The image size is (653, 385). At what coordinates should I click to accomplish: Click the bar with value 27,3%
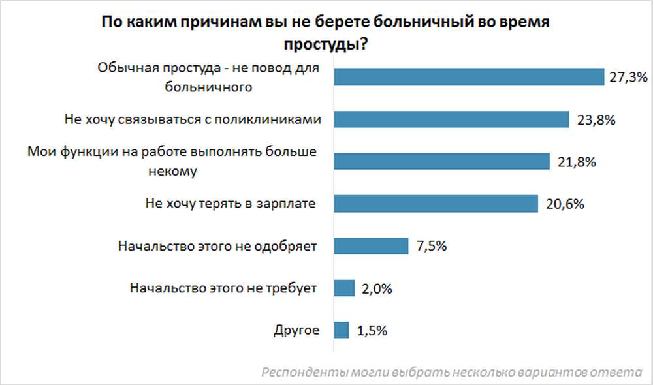468,77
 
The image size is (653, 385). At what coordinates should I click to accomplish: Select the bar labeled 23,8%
452,119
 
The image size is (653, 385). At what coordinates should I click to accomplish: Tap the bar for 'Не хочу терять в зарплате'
436,204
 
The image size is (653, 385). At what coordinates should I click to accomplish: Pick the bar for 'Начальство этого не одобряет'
371,246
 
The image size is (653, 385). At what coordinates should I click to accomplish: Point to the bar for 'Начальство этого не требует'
344,288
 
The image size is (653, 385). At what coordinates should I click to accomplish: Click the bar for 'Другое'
342,330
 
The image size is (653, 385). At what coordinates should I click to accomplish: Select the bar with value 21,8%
441,162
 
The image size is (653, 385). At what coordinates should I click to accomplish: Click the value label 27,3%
628,78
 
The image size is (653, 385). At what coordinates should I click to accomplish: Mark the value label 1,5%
372,331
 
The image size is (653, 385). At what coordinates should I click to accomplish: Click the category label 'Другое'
296,330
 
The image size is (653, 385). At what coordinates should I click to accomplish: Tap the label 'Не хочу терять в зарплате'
231,204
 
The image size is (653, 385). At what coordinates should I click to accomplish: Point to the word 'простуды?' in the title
325,45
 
